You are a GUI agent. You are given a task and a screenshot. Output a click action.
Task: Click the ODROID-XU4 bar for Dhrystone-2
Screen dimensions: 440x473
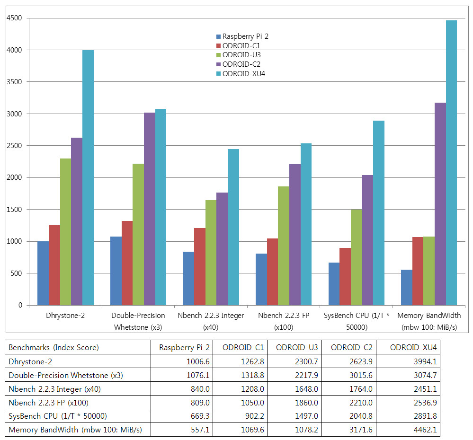pos(88,177)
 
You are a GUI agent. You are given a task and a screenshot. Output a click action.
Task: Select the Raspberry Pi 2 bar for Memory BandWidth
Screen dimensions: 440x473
pos(406,287)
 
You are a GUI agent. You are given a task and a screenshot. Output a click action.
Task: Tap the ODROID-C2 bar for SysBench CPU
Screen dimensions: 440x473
pos(367,240)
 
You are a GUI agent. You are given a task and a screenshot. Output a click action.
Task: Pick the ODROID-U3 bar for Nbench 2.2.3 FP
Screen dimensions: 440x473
pos(284,246)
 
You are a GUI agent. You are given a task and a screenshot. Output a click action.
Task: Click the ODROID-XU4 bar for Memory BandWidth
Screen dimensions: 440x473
pos(451,163)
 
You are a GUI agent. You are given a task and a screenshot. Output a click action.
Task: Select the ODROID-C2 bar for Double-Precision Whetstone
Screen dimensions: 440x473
pos(149,209)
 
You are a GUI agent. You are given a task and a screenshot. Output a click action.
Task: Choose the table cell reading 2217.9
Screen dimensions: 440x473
pos(294,376)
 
